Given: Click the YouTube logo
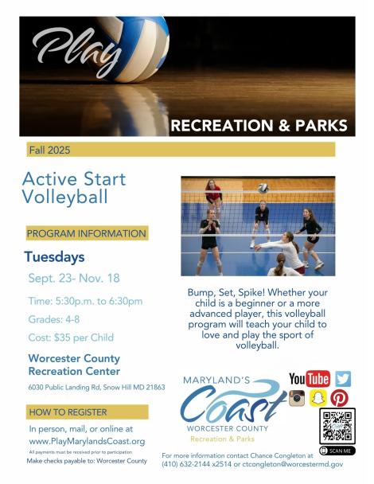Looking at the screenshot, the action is tap(310, 379).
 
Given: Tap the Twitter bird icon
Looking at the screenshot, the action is tap(343, 379).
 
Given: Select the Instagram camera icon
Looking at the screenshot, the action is tap(297, 398).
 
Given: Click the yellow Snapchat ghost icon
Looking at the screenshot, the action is tap(318, 398).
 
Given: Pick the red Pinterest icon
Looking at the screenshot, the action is tap(339, 398).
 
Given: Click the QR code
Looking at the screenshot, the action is tap(337, 426).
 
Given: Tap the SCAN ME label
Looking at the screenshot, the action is tap(337, 451).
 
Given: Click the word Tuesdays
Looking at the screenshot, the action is tap(54, 257).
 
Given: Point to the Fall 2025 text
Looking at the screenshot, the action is tap(49, 150).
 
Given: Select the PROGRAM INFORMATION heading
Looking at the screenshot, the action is tap(87, 233).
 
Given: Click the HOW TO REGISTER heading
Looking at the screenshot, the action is tap(68, 412).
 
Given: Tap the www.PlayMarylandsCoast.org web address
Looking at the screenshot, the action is tap(87, 441).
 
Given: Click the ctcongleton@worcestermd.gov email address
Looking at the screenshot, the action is tap(293, 464).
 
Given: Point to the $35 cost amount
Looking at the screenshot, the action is tap(62, 338).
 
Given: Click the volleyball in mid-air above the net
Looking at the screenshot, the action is tap(263, 189).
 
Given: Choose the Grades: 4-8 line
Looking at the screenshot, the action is tap(54, 319).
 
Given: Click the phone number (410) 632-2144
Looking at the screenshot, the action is tap(186, 464).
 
